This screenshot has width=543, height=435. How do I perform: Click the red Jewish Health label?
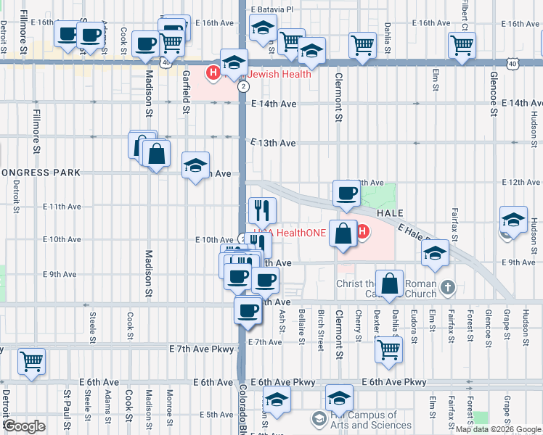(279, 74)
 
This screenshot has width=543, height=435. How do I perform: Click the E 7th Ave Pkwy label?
(203, 349)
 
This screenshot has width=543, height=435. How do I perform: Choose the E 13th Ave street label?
(274, 143)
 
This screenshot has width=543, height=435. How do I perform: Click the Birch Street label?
(320, 331)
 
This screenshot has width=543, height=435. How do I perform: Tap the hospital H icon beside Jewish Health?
(213, 73)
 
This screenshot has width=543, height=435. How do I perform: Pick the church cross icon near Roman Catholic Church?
(449, 288)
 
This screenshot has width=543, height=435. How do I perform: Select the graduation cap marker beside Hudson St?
(513, 220)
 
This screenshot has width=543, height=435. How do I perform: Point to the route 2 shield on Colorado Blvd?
(242, 86)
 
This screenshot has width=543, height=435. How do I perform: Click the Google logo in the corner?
(25, 426)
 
